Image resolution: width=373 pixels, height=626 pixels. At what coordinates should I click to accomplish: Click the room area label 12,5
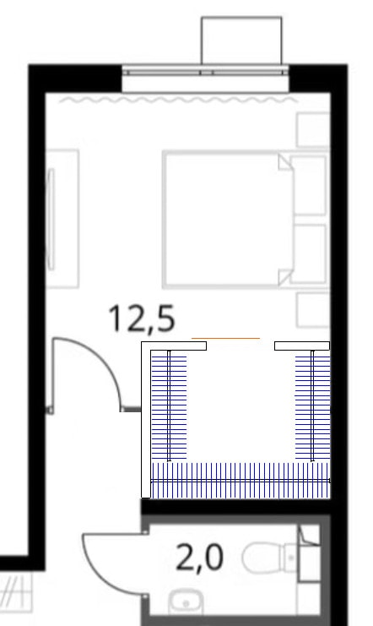tap(142, 318)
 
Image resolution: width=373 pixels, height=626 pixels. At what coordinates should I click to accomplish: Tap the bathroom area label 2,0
tap(199, 558)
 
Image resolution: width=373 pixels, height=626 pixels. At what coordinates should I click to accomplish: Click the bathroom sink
tap(186, 602)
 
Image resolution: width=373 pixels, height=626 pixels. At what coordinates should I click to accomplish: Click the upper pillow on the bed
tap(309, 185)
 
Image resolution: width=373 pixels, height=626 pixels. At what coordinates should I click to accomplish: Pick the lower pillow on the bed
tap(309, 254)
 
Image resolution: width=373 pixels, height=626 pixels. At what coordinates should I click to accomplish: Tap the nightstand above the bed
tap(313, 130)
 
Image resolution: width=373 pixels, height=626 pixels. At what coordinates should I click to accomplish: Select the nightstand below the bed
tap(313, 310)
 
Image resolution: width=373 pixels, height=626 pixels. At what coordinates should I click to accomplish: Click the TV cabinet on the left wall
tap(62, 219)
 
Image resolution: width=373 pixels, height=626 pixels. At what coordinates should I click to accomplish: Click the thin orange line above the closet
tap(226, 338)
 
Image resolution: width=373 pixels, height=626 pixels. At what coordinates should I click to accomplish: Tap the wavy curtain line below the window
tap(178, 100)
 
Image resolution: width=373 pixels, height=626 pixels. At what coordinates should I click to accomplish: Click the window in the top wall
tap(205, 73)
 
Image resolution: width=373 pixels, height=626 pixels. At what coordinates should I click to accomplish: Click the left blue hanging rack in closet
tap(169, 406)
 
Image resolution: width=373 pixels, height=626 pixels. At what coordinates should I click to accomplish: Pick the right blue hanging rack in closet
tap(313, 406)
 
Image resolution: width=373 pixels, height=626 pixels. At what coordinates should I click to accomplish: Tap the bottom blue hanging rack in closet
tap(241, 481)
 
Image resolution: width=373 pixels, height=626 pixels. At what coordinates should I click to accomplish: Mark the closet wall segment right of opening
tap(302, 346)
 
